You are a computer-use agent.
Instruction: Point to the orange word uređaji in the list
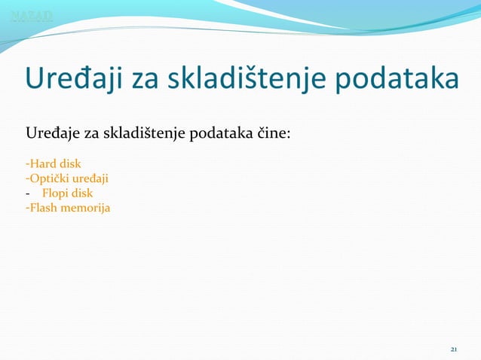[x=90, y=178]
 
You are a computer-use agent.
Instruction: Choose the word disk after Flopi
[x=81, y=193]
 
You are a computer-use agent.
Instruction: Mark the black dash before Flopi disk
[x=27, y=194]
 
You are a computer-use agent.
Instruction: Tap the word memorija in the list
[x=86, y=207]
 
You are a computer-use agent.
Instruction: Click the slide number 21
[x=454, y=350]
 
